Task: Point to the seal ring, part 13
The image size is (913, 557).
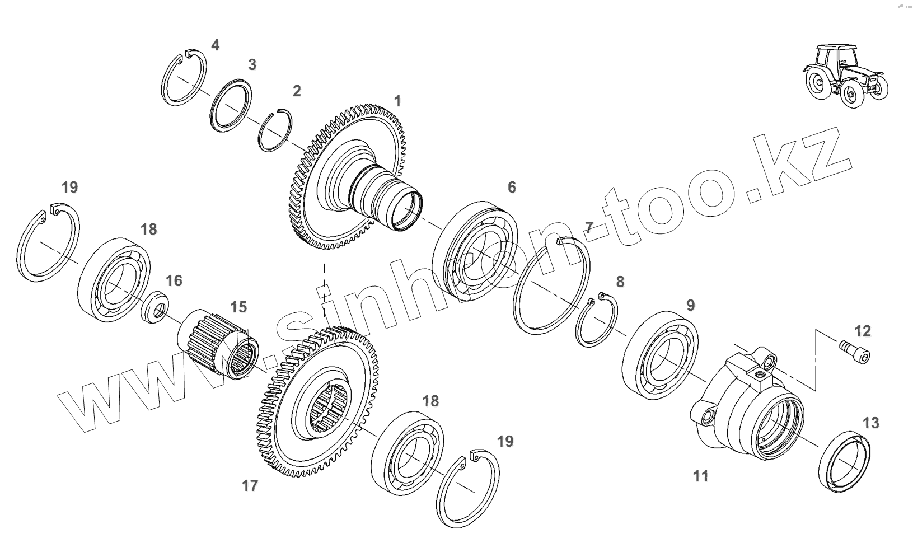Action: (845, 462)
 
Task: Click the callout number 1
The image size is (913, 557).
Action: (397, 101)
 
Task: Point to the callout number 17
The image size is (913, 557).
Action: (250, 485)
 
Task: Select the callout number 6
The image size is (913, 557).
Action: (512, 187)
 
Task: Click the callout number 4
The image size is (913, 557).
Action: (216, 45)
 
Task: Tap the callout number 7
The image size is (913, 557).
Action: (588, 227)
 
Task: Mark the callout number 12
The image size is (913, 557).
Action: (863, 331)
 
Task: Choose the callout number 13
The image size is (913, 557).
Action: (871, 423)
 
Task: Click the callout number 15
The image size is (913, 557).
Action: (238, 307)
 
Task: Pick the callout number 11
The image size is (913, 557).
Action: (701, 476)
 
